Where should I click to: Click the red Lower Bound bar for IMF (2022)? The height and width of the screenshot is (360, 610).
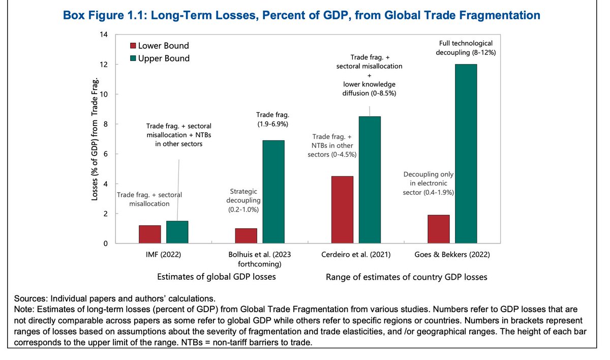click(149, 234)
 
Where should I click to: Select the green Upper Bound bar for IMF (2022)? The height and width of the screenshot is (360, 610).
click(177, 232)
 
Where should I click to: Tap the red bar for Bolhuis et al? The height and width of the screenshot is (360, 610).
click(246, 236)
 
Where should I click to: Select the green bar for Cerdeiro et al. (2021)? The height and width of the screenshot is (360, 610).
click(370, 180)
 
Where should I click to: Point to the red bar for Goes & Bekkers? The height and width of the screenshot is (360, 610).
click(438, 229)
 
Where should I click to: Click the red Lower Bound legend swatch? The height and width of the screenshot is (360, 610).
click(133, 45)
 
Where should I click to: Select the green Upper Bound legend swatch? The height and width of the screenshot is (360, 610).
click(133, 58)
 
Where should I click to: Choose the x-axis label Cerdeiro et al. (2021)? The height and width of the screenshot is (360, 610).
click(356, 255)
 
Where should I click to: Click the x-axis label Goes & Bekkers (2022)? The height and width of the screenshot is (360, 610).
click(452, 255)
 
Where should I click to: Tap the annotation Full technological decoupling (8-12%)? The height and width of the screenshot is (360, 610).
click(466, 48)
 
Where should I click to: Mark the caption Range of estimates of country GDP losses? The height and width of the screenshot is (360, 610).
click(406, 277)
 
